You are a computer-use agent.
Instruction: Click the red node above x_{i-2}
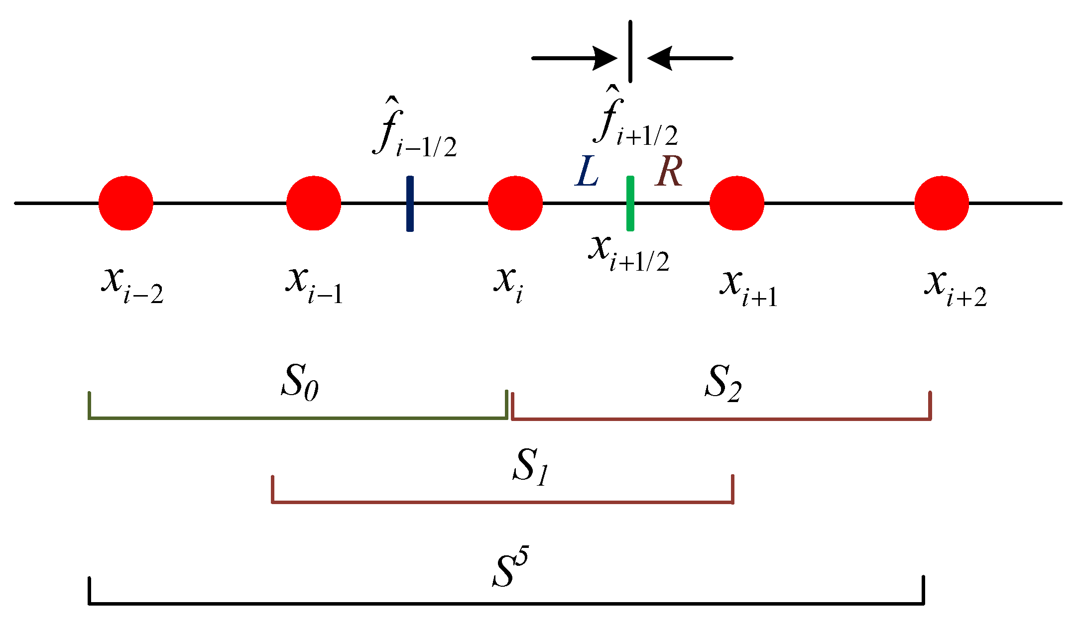[x=125, y=203]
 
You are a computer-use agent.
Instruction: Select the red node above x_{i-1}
[x=314, y=203]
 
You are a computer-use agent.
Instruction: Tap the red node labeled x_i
[x=515, y=203]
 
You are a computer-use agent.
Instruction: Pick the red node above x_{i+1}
[x=737, y=203]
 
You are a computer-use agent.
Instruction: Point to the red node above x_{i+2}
[x=942, y=203]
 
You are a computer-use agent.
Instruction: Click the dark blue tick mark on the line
[x=410, y=204]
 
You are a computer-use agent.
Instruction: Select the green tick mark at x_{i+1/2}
[x=630, y=204]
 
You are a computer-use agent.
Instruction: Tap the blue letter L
[x=587, y=172]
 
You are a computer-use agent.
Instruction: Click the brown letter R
[x=669, y=172]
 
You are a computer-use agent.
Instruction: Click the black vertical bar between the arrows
[x=630, y=51]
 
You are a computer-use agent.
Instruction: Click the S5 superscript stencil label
[x=511, y=567]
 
